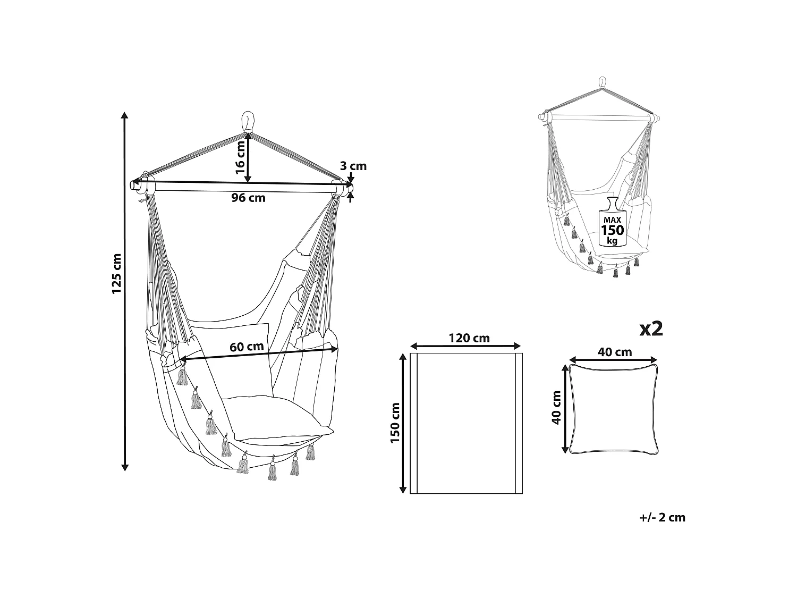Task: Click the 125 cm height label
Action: coord(116,274)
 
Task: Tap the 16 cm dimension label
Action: coord(240,157)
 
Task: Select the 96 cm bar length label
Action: coord(248,198)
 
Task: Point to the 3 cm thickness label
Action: coord(353,166)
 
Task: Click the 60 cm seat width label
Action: coord(247,347)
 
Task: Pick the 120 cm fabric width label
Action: coord(469,338)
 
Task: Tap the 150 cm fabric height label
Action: coord(395,423)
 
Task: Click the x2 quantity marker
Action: coord(651,329)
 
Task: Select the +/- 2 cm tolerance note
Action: coord(662,517)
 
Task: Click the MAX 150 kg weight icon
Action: coord(612,222)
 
